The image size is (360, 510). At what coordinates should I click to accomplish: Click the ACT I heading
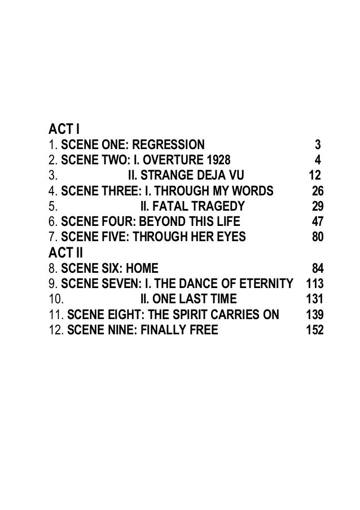click(62, 129)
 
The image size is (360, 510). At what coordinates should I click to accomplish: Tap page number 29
click(318, 206)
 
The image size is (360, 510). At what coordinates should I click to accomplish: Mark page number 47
click(318, 221)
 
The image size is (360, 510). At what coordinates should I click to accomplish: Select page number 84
click(318, 267)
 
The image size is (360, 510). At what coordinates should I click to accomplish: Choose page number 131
click(314, 298)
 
